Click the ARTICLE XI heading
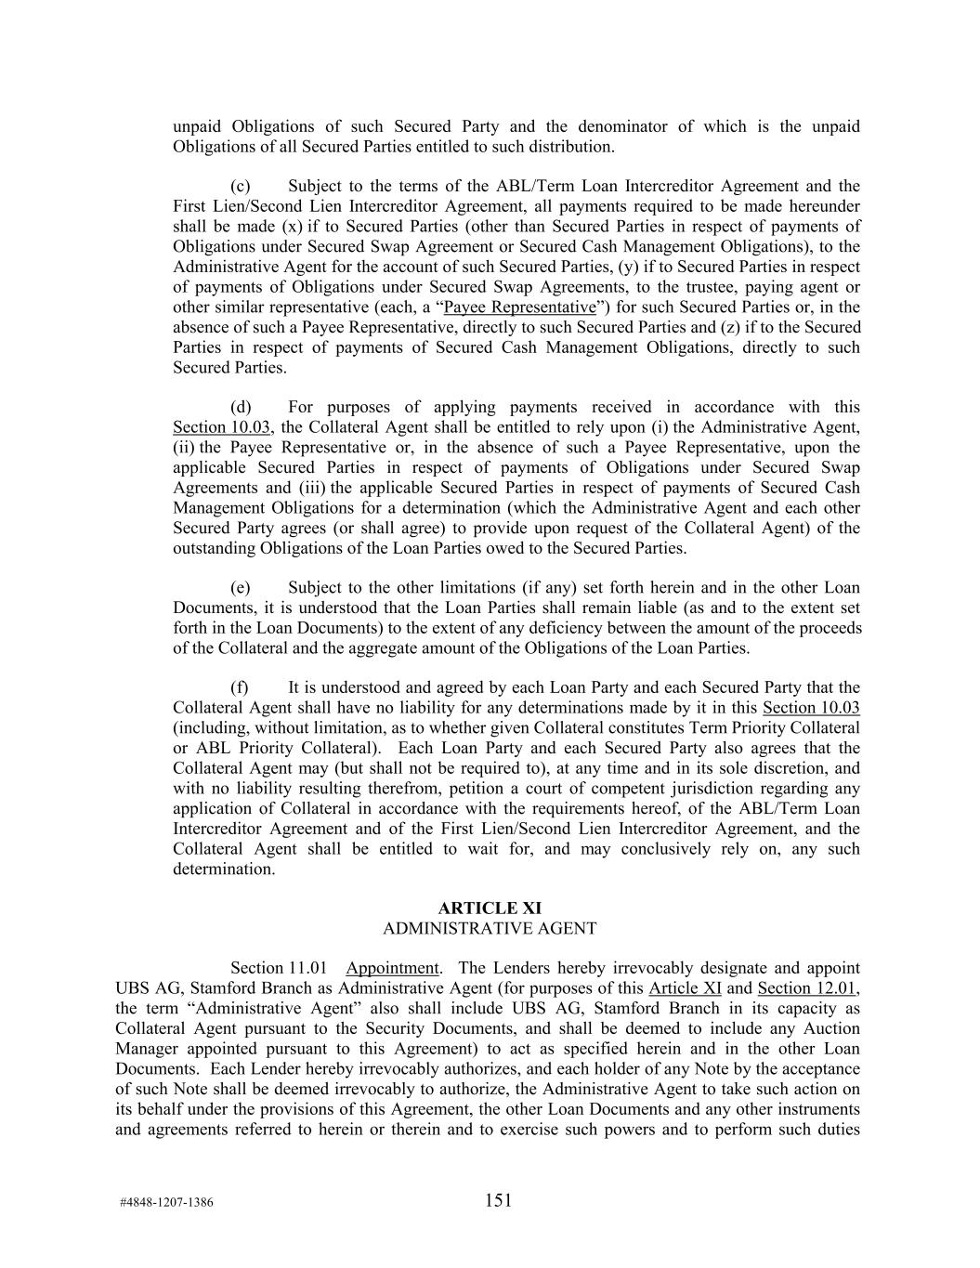coord(490,908)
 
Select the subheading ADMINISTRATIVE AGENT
coord(490,928)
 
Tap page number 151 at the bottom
coord(498,1200)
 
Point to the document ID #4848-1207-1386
coord(166,1202)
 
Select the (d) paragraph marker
coord(240,407)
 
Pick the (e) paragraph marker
coord(240,587)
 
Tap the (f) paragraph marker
coord(239,687)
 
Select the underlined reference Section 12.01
coord(807,988)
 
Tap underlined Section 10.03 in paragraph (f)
coord(811,708)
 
